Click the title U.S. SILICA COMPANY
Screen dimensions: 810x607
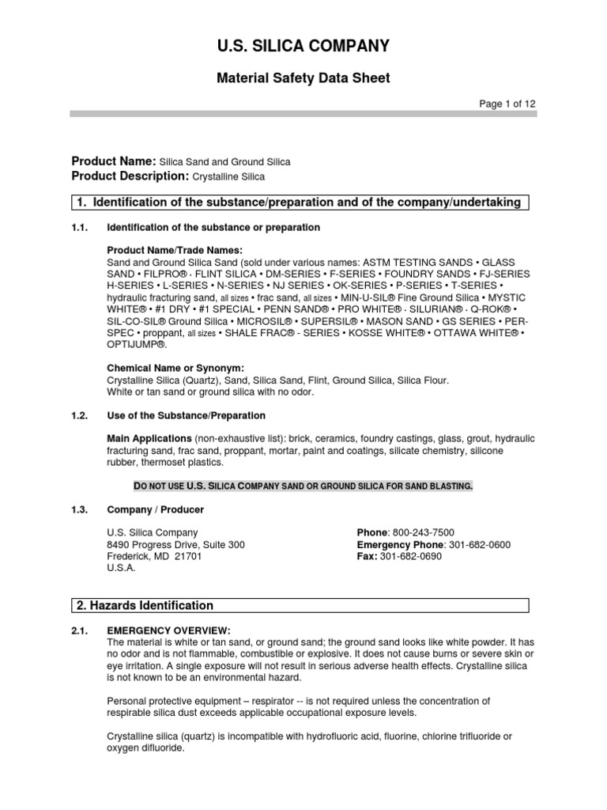[x=303, y=47]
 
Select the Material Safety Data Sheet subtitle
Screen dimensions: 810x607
[x=303, y=78]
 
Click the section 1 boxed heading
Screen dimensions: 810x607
[x=300, y=202]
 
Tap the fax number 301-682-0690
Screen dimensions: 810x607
[x=411, y=556]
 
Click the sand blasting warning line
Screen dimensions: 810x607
[x=301, y=485]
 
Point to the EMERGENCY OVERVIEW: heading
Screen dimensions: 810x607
[x=168, y=630]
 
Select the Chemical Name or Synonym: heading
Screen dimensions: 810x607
[x=175, y=368]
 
